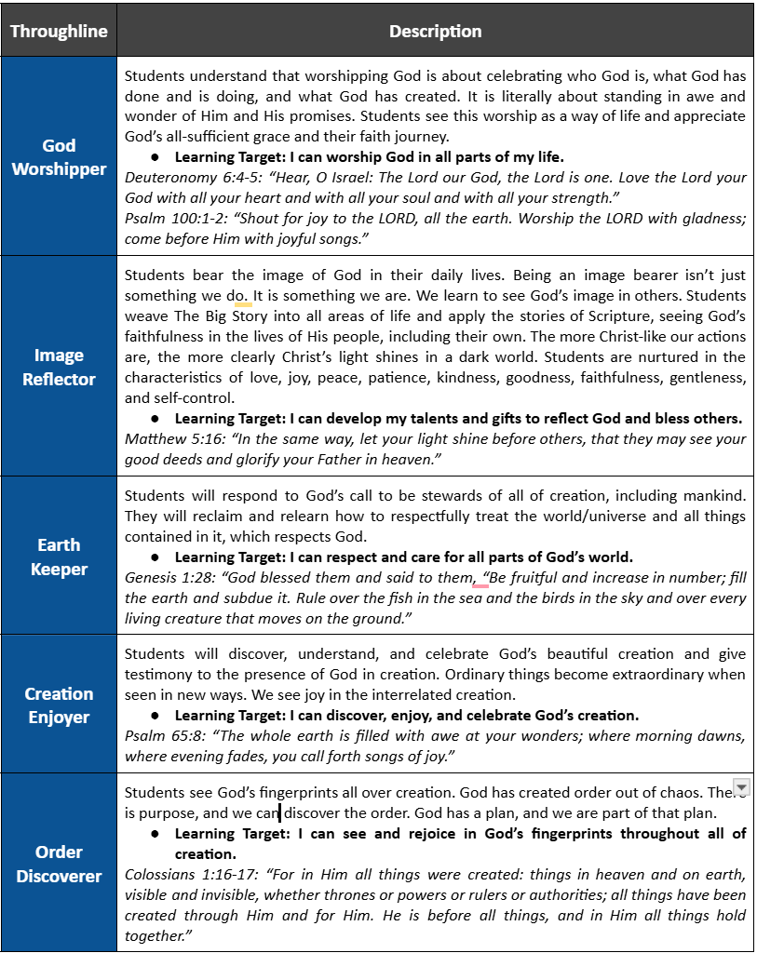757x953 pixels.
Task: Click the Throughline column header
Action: [59, 31]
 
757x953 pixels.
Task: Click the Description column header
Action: [435, 31]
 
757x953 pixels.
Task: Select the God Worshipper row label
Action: [59, 156]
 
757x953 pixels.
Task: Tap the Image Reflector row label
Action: [59, 367]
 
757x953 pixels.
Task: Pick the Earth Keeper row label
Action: [59, 557]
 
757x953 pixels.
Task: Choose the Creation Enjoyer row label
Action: [59, 705]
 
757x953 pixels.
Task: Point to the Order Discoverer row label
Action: [59, 863]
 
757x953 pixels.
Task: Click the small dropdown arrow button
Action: [741, 788]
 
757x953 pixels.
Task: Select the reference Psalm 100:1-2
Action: [168, 218]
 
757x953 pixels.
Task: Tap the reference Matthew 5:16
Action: [165, 438]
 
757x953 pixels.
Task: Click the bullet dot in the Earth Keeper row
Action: [155, 557]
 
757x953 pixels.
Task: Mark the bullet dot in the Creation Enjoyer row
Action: [155, 716]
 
